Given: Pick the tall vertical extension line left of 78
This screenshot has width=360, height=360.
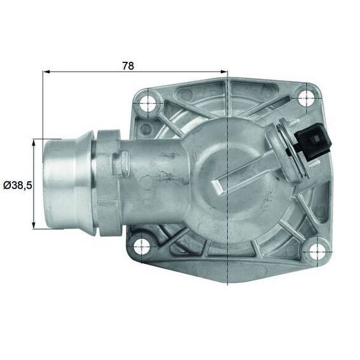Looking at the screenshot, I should [43, 102].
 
